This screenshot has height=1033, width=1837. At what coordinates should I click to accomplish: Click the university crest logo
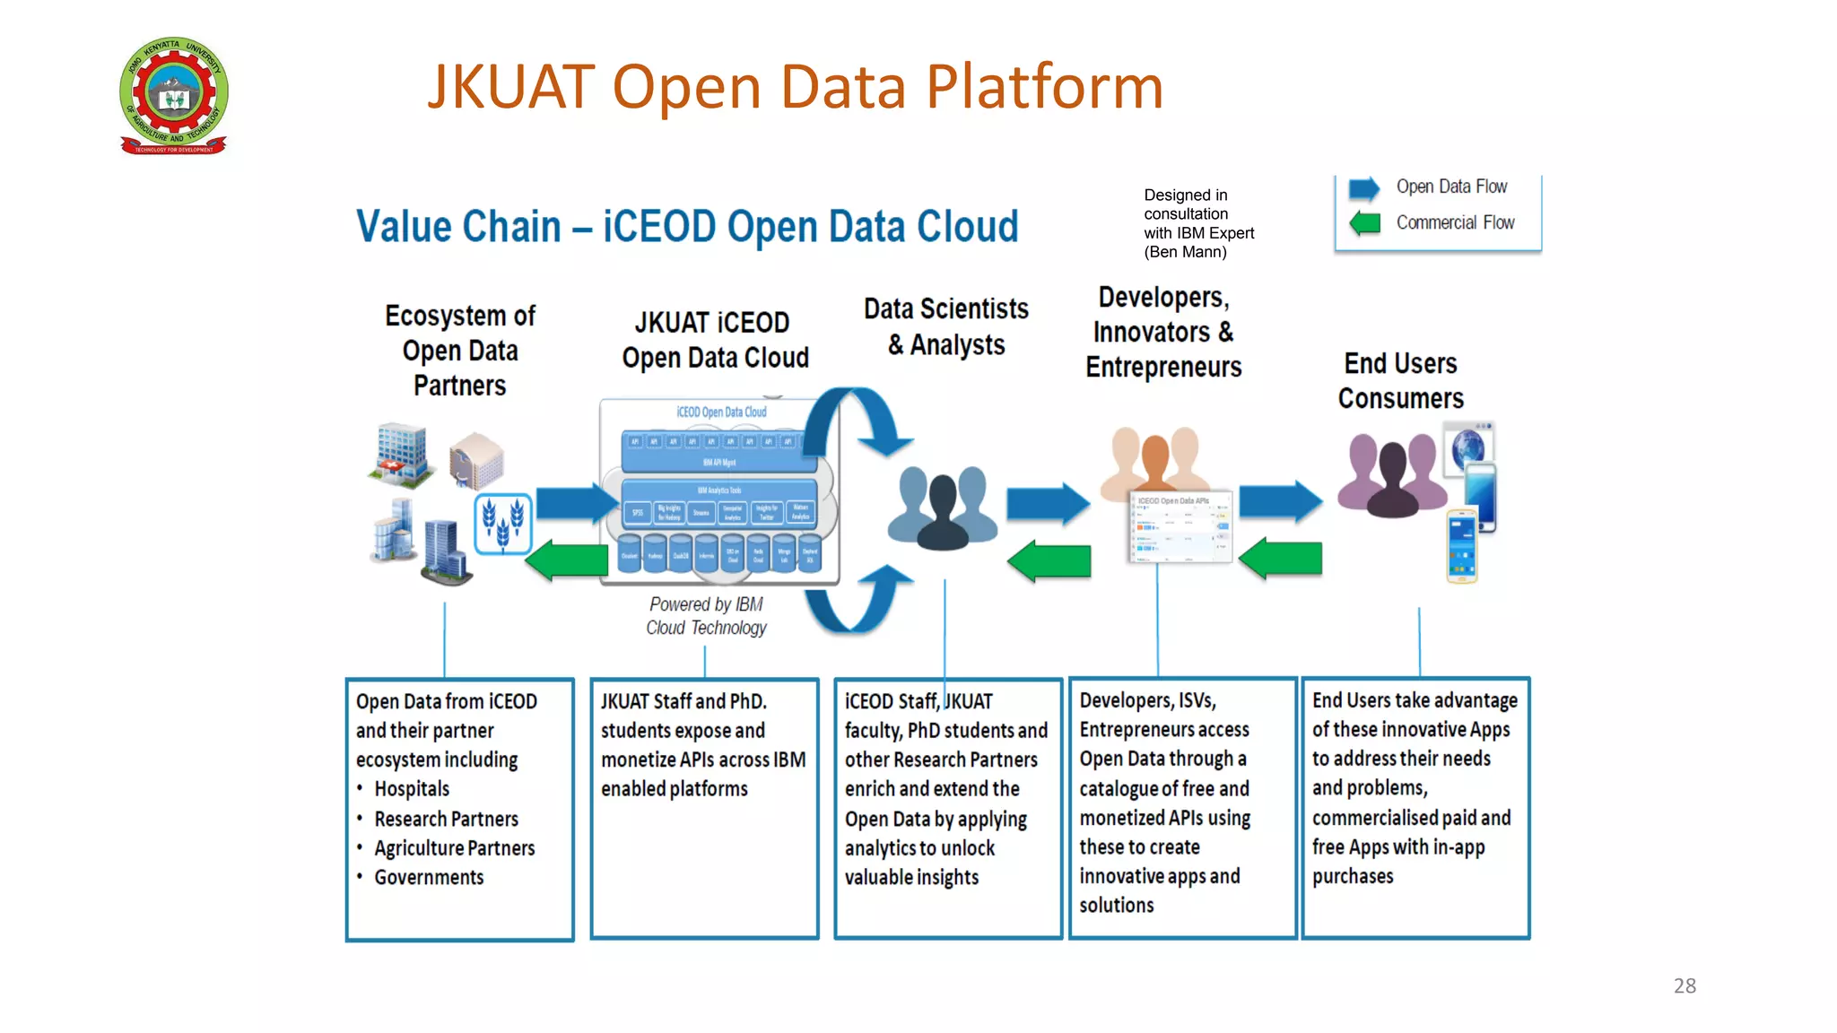[174, 95]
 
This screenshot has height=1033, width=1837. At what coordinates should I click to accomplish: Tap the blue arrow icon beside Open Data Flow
[1364, 188]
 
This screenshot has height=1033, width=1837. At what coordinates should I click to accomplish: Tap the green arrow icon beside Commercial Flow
[1364, 222]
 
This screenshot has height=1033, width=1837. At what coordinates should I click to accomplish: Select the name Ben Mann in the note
[1187, 252]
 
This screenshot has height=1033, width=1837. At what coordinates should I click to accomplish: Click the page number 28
[1685, 985]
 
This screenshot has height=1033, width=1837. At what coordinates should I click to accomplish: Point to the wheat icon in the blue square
[502, 523]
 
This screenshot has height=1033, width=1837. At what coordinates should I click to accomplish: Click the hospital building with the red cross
[400, 455]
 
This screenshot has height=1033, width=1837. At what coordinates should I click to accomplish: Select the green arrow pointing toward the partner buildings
[567, 561]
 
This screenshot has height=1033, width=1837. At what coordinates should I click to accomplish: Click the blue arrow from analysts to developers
[1047, 503]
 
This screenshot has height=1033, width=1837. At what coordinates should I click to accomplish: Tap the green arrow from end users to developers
[1280, 559]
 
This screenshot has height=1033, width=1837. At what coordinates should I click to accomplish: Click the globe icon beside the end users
[1468, 447]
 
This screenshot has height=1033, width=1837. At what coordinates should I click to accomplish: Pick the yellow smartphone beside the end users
[1461, 546]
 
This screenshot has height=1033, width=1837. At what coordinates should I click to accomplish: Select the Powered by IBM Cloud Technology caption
[706, 616]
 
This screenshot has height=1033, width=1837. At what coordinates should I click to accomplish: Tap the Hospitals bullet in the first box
[411, 789]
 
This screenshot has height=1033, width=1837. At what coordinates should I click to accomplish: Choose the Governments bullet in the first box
[428, 877]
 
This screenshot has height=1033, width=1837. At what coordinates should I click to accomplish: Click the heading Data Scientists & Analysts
[946, 326]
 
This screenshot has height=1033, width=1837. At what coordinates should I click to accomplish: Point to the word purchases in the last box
[1353, 876]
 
